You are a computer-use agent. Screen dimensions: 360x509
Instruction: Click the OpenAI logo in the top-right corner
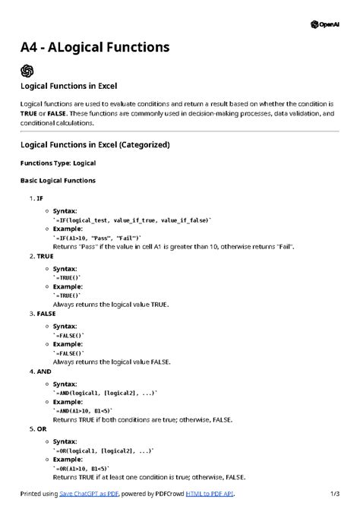pos(325,24)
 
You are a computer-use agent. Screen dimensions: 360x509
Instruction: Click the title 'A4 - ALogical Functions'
pos(95,48)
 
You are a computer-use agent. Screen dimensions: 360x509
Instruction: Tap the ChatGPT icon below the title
pos(27,71)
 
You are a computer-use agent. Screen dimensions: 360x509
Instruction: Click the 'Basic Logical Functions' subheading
pos(58,181)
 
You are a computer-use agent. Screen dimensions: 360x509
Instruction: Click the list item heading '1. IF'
pos(36,199)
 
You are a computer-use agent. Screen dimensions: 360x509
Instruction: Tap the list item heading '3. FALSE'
pos(42,313)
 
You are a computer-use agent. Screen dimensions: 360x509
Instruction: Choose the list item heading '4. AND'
pos(39,371)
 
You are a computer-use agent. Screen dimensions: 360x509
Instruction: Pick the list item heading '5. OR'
pos(37,429)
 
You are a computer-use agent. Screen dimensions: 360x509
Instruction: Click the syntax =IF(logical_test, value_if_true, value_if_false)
pos(131,219)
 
